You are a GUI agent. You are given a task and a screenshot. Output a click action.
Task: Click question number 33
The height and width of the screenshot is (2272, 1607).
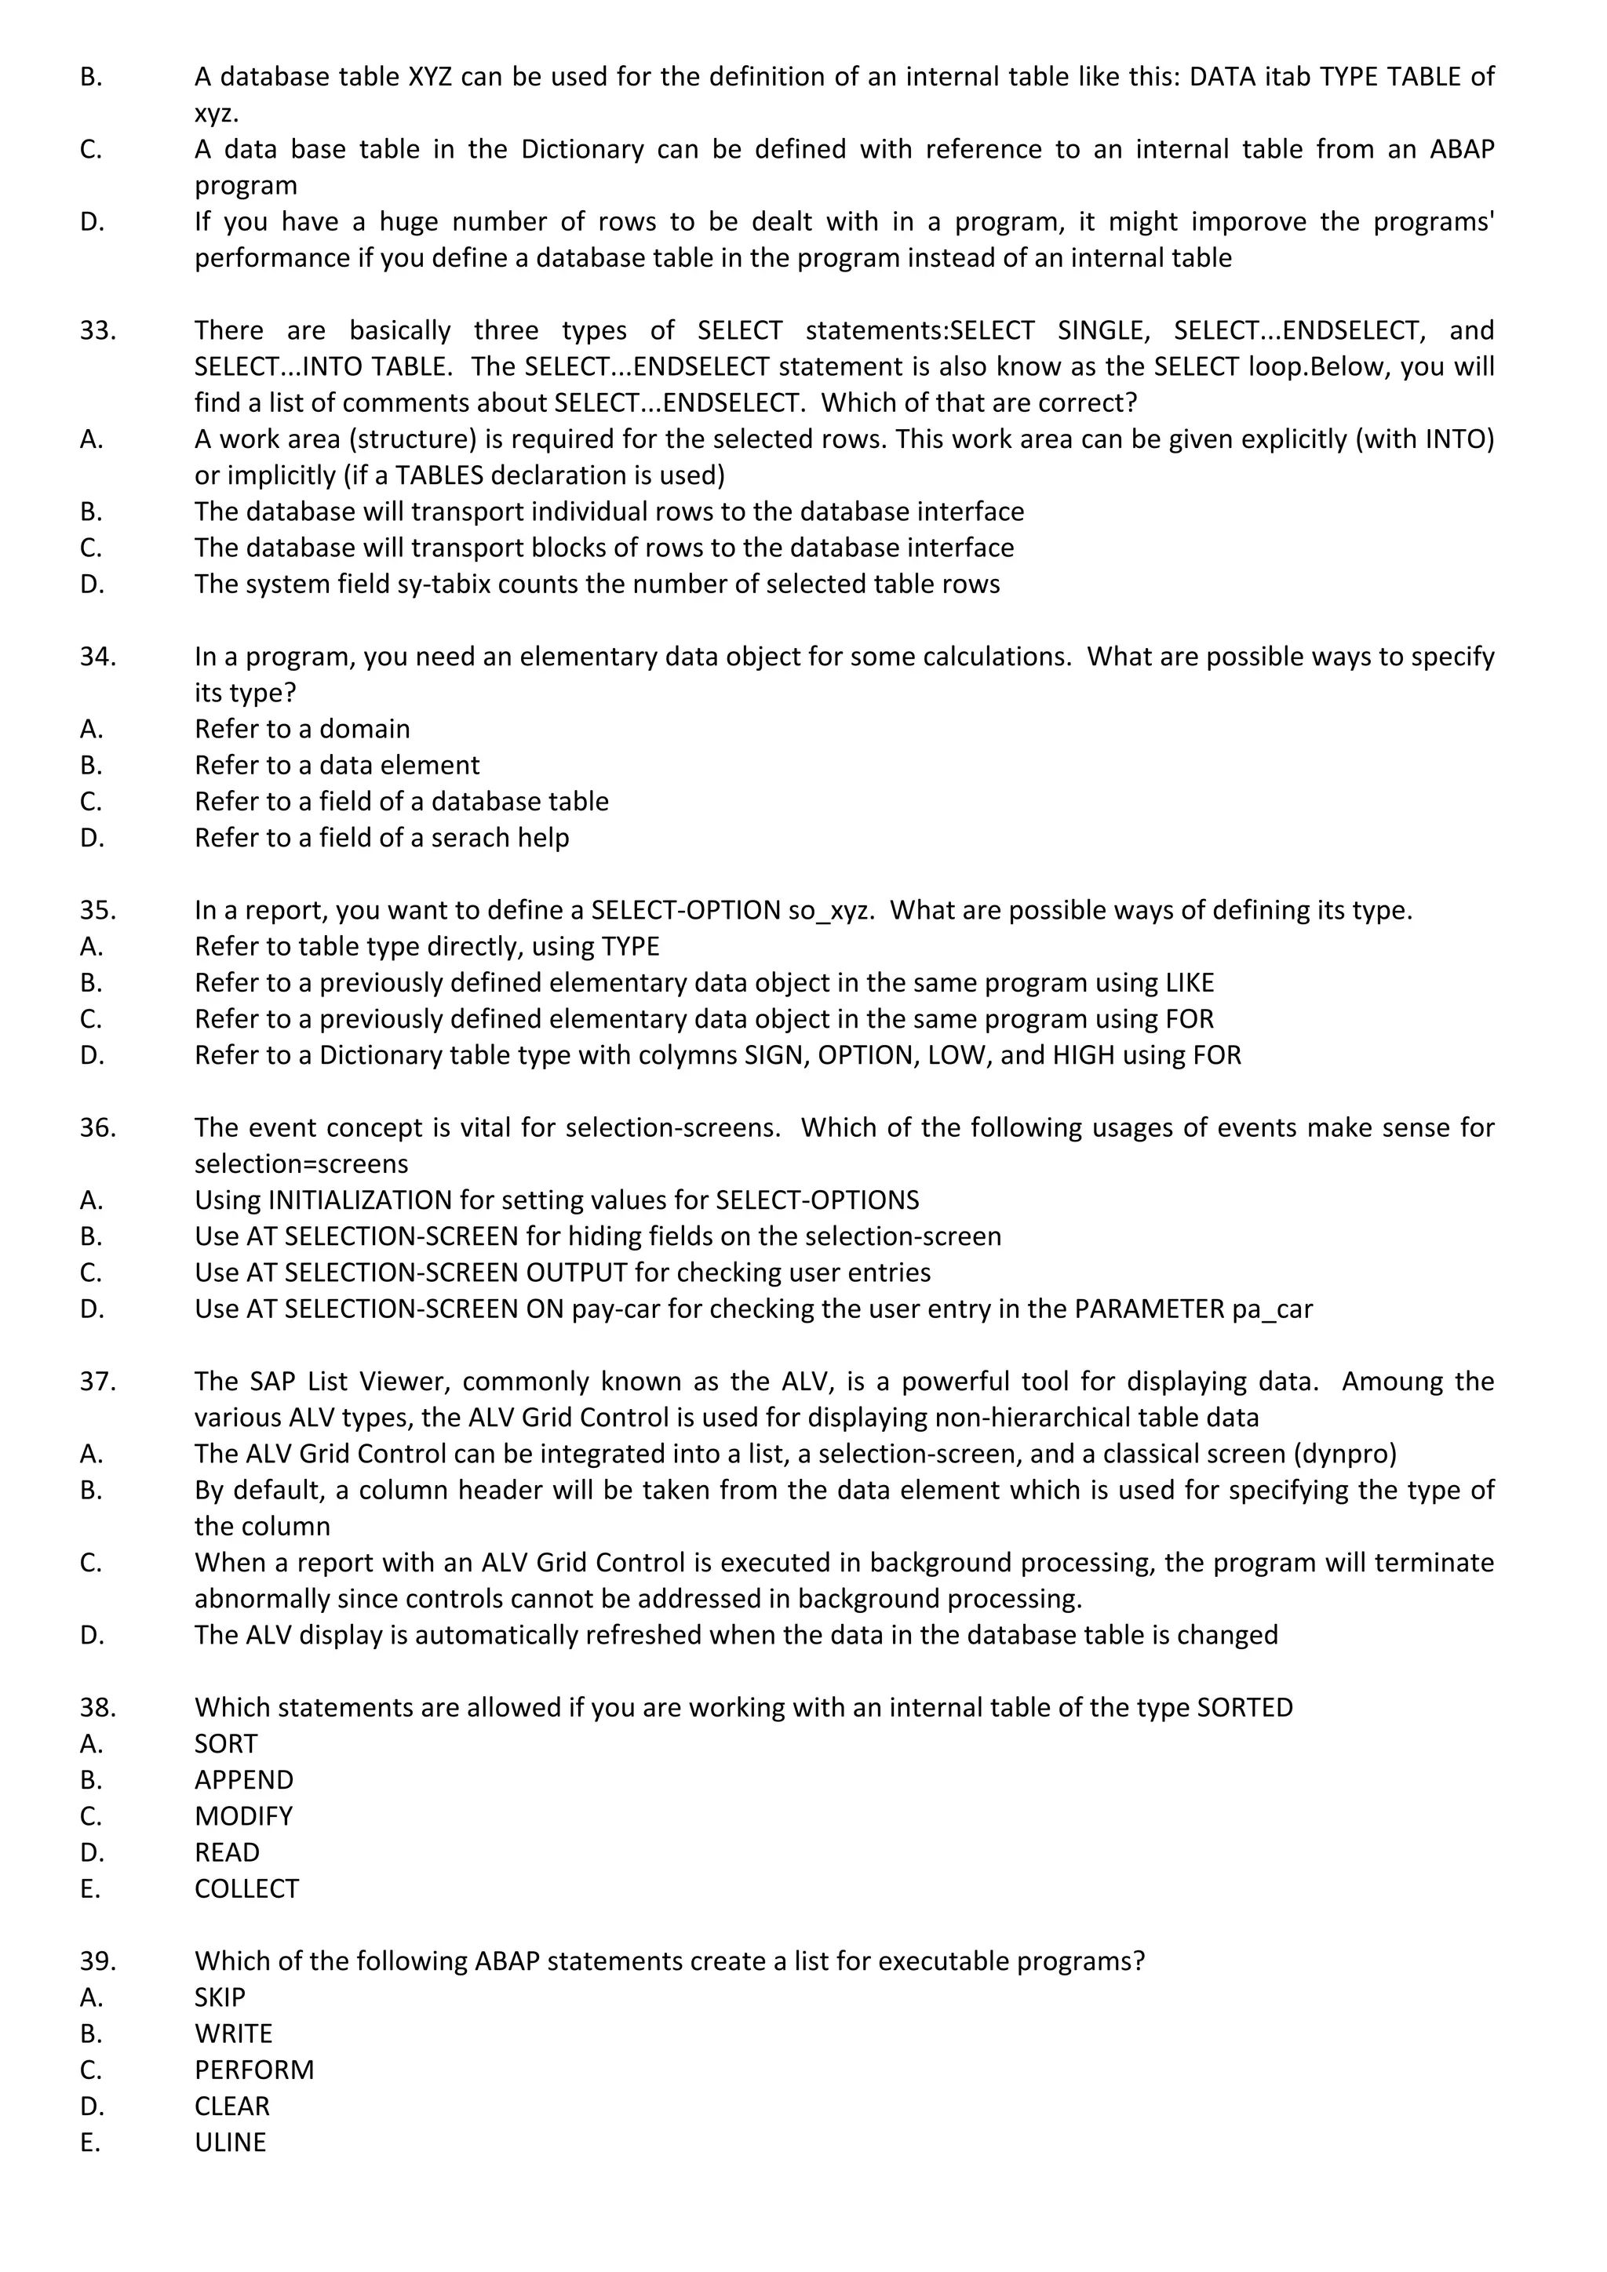pos(98,330)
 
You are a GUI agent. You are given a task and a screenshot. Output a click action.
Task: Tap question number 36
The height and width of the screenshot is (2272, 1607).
pos(98,1128)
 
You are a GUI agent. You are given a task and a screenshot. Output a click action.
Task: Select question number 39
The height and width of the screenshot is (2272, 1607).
pos(98,1961)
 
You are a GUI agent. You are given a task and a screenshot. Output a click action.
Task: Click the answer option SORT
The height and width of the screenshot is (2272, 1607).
pos(226,1743)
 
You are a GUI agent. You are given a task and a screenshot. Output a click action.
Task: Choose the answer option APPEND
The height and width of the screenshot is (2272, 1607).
pos(243,1780)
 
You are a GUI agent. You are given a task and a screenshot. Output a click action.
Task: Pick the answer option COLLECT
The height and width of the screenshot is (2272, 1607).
pos(246,1889)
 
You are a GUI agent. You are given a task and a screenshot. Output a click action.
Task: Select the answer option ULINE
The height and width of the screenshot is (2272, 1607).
pos(230,2143)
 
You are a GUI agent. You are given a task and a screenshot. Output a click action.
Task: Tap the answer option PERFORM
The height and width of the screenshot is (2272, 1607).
pos(254,2070)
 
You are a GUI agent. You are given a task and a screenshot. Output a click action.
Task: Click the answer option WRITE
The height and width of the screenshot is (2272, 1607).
pos(234,2034)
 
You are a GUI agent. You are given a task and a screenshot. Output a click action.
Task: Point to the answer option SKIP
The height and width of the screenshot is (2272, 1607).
pos(220,1998)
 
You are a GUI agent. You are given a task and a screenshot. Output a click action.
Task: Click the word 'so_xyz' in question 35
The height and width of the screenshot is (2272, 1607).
pos(831,910)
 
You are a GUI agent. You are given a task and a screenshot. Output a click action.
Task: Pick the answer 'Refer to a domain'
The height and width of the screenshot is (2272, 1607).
pos(302,730)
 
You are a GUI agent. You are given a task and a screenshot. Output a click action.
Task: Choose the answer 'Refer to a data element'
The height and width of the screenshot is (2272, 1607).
pos(337,766)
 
